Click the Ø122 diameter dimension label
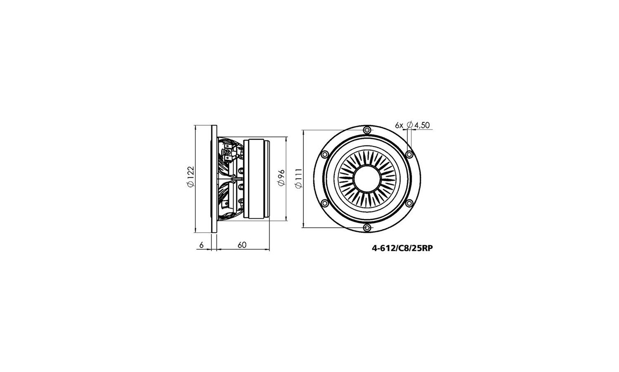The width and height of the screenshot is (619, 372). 191,176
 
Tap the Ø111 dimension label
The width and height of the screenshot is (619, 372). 299,178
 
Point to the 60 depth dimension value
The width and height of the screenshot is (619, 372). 242,245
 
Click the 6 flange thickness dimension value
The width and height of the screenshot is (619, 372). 201,245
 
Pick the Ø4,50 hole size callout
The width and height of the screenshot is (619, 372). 418,125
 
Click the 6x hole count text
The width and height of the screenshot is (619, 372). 399,125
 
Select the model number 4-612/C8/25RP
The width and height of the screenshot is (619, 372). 402,248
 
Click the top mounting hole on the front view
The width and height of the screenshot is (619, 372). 367,129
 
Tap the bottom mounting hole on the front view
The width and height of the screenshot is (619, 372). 367,228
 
